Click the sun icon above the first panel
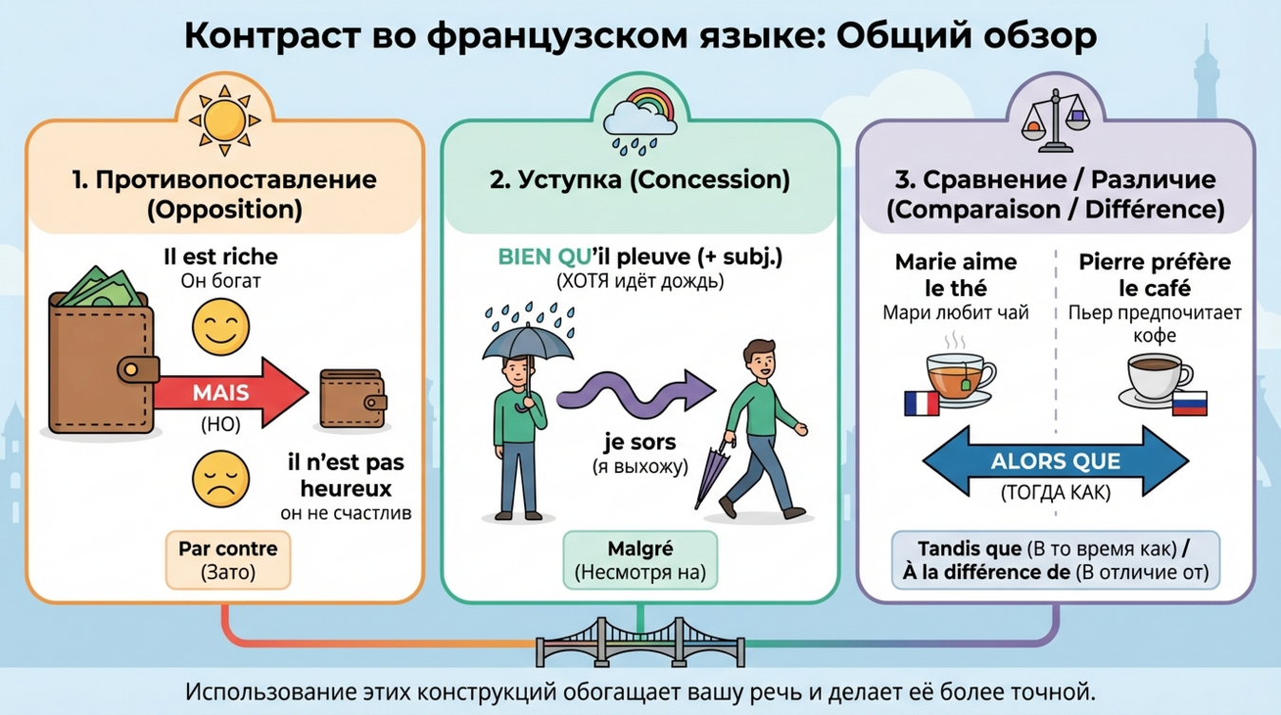[x=223, y=120]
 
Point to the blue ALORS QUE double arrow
[x=1055, y=462]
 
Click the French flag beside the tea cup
[x=920, y=402]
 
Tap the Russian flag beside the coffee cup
[x=1188, y=402]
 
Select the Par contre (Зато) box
[x=228, y=560]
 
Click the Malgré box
[x=640, y=560]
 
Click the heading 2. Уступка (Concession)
[x=640, y=179]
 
